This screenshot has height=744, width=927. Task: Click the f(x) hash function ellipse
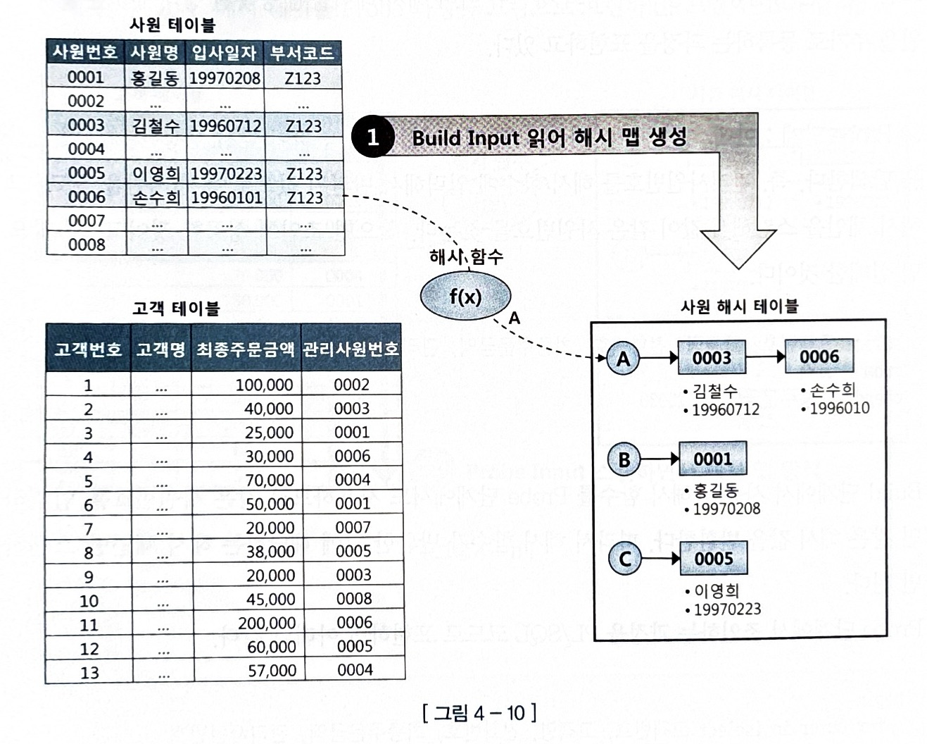(465, 296)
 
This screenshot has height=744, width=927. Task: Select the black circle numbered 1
(372, 137)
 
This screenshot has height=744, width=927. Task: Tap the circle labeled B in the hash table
(624, 460)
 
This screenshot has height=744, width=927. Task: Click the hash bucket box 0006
(819, 356)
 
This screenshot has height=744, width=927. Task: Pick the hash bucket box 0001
(712, 459)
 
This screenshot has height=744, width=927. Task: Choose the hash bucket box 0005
(713, 559)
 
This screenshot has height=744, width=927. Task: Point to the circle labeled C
(624, 559)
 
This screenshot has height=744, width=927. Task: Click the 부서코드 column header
(302, 53)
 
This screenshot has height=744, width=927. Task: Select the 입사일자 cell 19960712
(225, 126)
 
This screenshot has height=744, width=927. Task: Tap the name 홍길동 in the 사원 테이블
(155, 77)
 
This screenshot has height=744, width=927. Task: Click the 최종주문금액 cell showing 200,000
(267, 623)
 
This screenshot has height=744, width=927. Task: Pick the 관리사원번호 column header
(351, 349)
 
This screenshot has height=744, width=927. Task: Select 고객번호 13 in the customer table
(89, 672)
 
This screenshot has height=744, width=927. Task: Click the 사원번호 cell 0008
(87, 244)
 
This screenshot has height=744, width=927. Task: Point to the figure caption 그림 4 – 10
(479, 713)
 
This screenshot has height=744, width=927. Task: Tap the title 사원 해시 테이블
(739, 306)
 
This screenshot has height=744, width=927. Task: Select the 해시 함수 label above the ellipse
(466, 256)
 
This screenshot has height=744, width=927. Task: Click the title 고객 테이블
(176, 309)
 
